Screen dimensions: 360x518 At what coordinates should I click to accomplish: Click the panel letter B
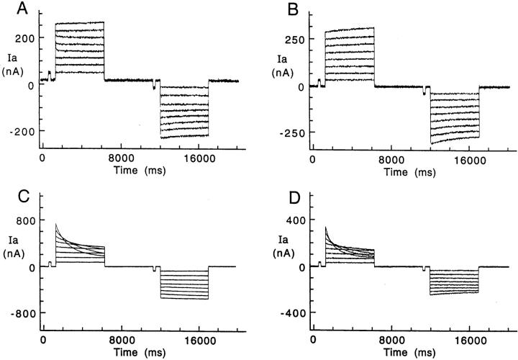(278, 10)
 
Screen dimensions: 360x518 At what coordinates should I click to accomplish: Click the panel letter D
(278, 189)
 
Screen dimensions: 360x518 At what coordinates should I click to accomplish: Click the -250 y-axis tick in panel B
(293, 132)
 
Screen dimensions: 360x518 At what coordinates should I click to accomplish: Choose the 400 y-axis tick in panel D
(295, 220)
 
